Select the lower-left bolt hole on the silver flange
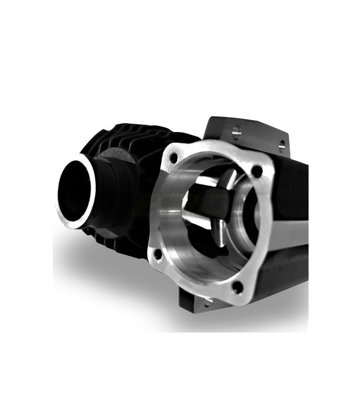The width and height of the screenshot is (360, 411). (158, 253)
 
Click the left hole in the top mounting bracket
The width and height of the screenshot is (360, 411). (236, 133)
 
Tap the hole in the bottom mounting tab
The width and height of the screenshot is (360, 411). (207, 302)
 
